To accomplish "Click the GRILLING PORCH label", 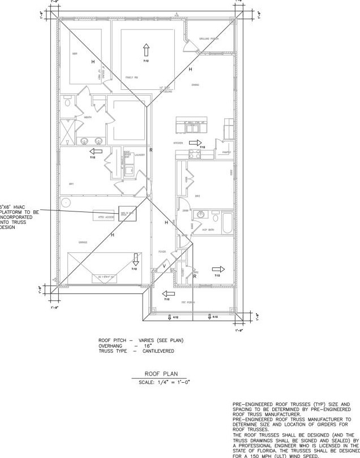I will coord(208,39).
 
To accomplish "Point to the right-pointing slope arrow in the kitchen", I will coord(195,143).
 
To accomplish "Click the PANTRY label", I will coord(226,152).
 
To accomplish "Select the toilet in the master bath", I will coord(67,102).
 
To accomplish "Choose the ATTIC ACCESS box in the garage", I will coord(102,216).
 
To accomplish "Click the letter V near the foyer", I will coord(164,266).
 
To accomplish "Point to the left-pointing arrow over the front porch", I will coord(168,293).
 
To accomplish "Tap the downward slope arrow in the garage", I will coord(136,259).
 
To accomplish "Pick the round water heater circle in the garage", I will coord(66,202).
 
